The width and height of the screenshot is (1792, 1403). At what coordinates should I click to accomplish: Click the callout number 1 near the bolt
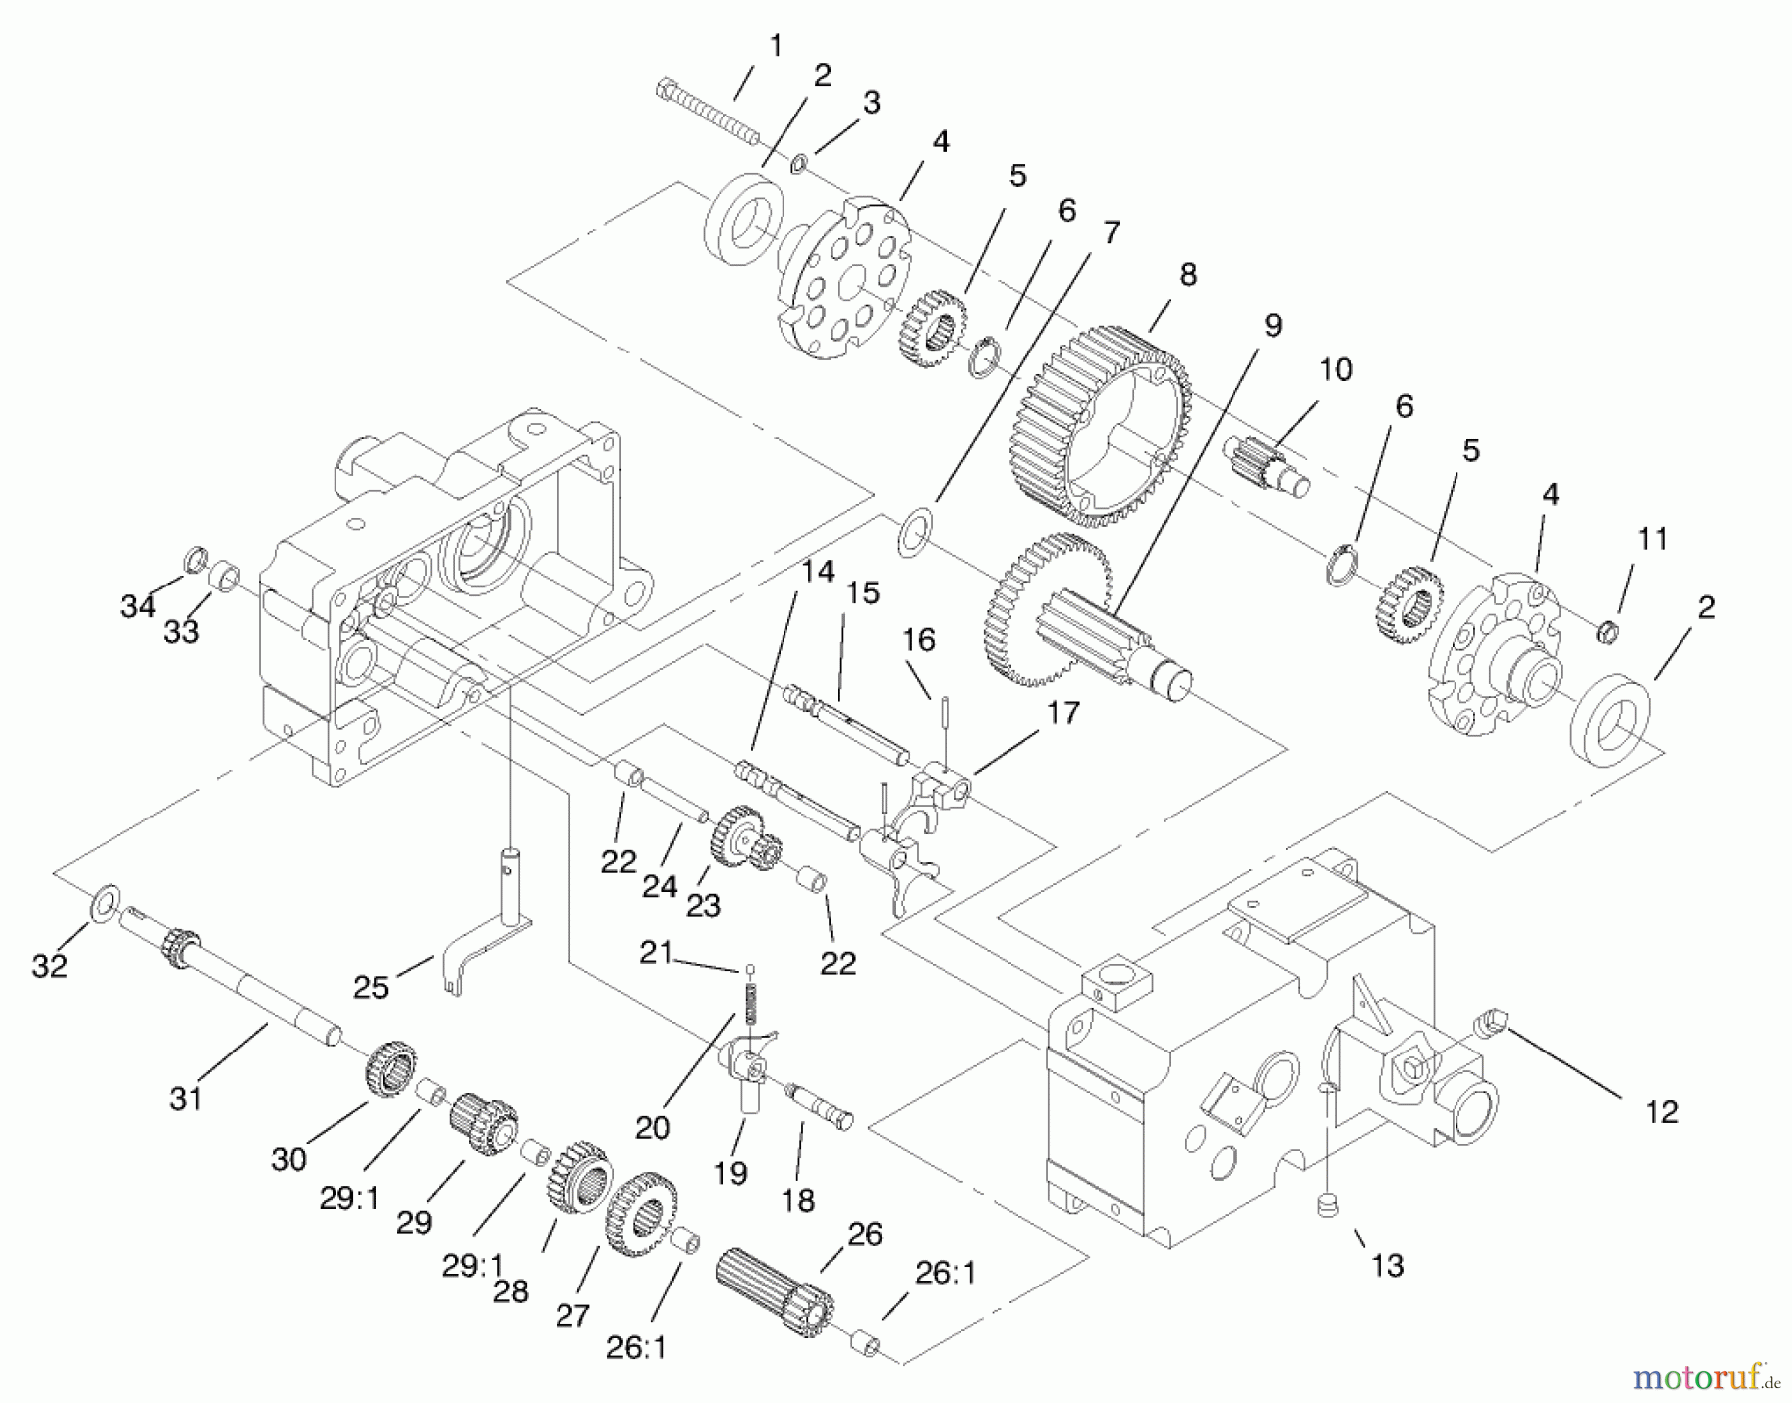coord(776,45)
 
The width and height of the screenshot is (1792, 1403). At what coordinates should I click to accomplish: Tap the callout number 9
coord(1273,325)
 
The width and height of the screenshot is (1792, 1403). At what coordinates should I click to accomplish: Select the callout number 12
coord(1661,1111)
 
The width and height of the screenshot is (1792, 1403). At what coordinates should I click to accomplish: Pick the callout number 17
coord(1063,713)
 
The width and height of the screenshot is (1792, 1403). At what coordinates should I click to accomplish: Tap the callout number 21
coord(656,953)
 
